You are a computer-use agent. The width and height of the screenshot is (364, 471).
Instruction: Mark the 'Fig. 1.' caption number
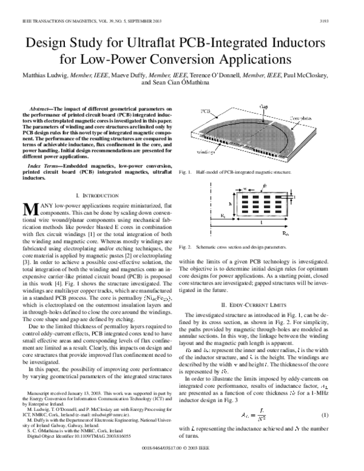(x=186, y=173)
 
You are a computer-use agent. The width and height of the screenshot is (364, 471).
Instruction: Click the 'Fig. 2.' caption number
(x=186, y=247)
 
